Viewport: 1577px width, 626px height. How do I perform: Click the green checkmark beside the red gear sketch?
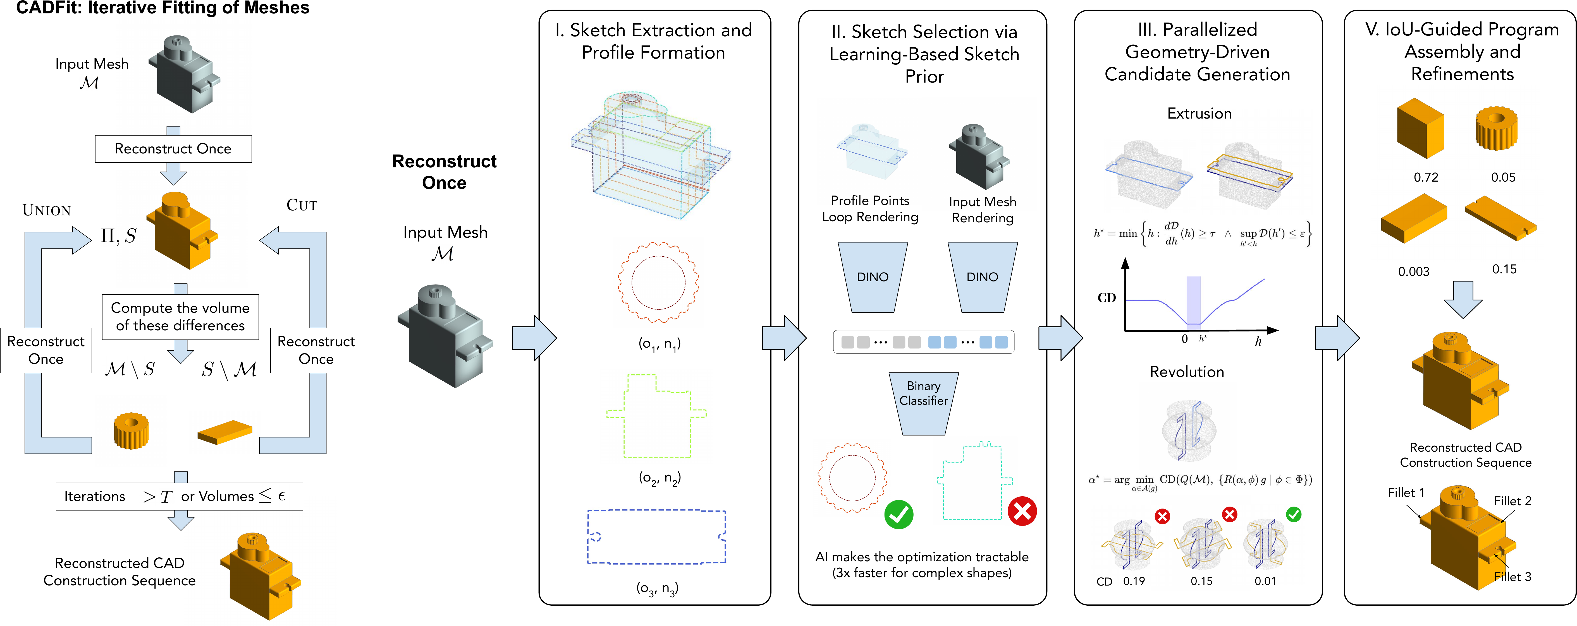pos(899,514)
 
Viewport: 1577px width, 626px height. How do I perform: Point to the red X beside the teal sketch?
pos(1022,511)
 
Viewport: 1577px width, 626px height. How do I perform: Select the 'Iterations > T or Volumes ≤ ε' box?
pos(179,496)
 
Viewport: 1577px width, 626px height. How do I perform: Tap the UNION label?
pos(47,211)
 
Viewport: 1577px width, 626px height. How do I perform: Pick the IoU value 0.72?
pos(1426,177)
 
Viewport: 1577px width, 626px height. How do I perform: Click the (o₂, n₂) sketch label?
pos(659,478)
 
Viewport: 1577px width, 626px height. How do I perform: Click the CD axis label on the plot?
pos(1107,298)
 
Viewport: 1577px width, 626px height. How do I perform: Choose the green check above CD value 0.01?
pos(1294,515)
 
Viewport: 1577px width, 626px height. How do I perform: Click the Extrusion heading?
pos(1199,114)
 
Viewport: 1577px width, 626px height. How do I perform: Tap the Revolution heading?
pos(1187,372)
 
